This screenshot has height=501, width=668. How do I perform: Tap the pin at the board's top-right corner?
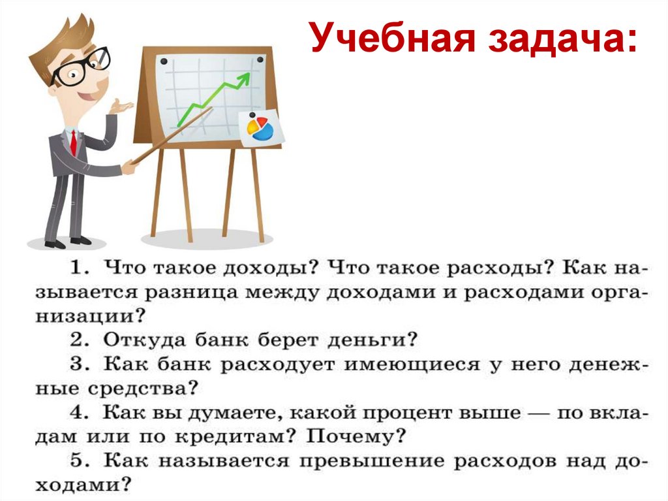click(260, 60)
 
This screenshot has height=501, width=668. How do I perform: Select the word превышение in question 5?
click(364, 461)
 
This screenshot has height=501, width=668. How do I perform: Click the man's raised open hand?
click(120, 105)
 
